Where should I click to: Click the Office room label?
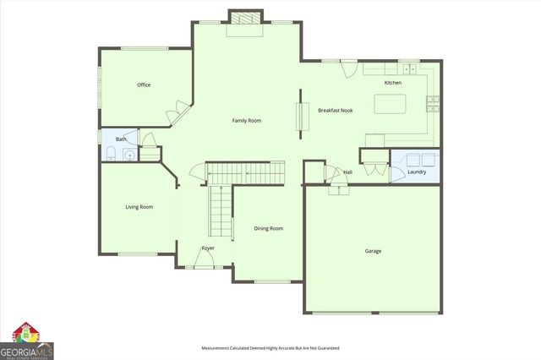pyautogui.click(x=144, y=85)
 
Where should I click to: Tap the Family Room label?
pyautogui.click(x=247, y=121)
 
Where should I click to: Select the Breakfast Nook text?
pyautogui.click(x=335, y=111)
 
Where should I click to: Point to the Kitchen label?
pyautogui.click(x=393, y=83)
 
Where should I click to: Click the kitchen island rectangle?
pyautogui.click(x=391, y=104)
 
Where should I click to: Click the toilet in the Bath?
pyautogui.click(x=111, y=153)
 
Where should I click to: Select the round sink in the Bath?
pyautogui.click(x=128, y=154)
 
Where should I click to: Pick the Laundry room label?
pyautogui.click(x=417, y=172)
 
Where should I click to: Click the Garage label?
pyautogui.click(x=373, y=251)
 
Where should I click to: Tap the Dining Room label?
pyautogui.click(x=268, y=228)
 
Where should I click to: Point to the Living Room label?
pyautogui.click(x=139, y=207)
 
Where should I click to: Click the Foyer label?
pyautogui.click(x=207, y=248)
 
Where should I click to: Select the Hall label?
pyautogui.click(x=347, y=172)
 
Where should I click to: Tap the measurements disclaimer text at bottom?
pyautogui.click(x=270, y=348)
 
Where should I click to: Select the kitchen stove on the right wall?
pyautogui.click(x=433, y=104)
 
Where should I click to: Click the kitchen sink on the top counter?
pyautogui.click(x=409, y=68)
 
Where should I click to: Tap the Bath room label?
pyautogui.click(x=121, y=139)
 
